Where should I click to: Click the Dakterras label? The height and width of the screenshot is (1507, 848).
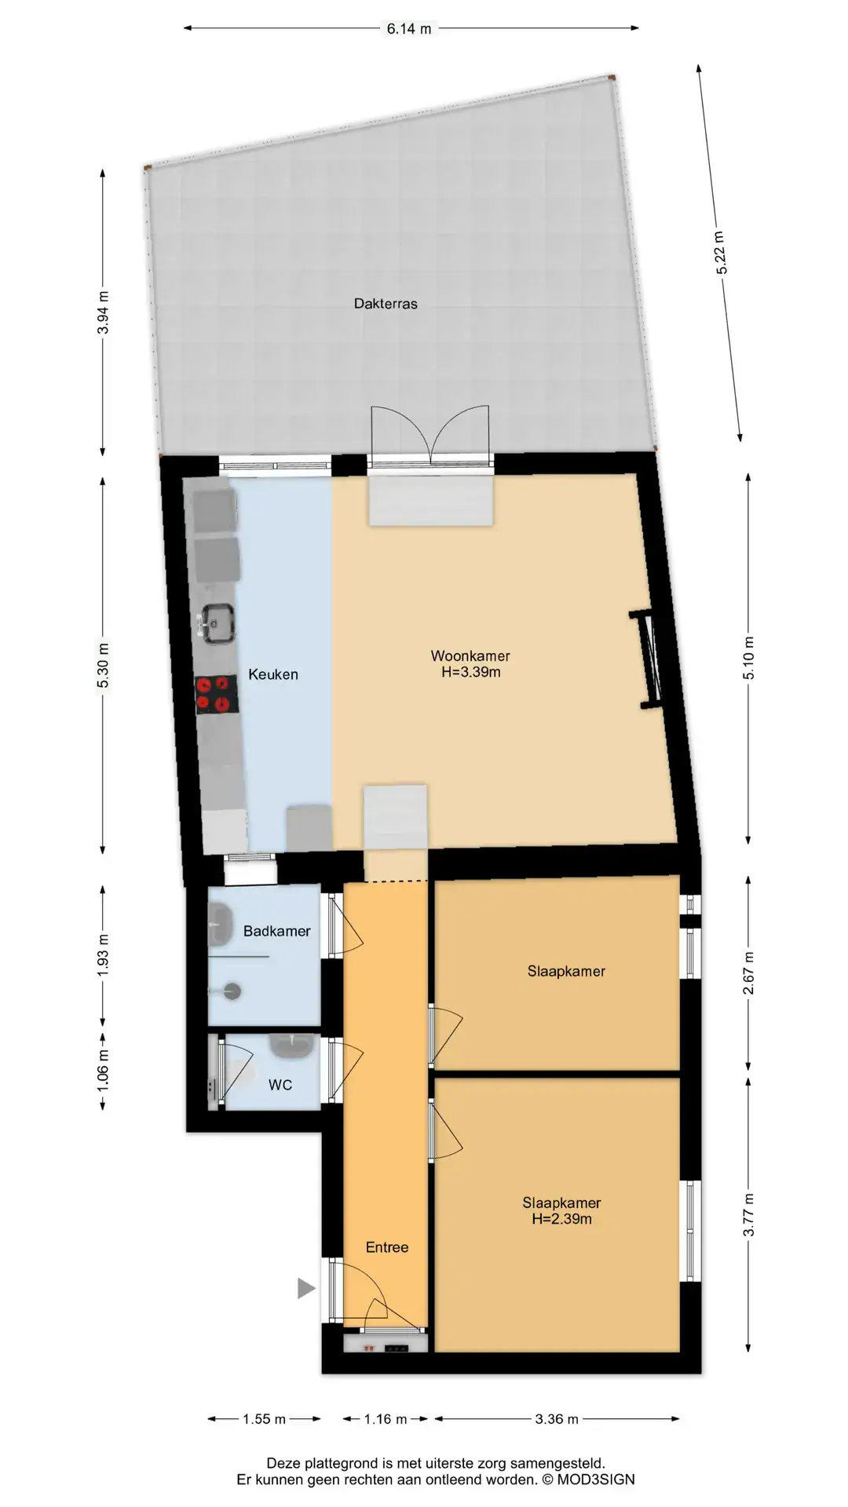click(x=386, y=304)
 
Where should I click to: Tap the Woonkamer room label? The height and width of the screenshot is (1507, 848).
click(x=470, y=655)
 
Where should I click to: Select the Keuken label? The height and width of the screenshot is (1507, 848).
click(x=273, y=674)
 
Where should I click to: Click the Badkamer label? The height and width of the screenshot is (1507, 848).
click(x=276, y=931)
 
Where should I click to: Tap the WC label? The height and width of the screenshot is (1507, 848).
click(x=280, y=1085)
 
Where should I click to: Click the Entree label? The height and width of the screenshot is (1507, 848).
click(x=387, y=1247)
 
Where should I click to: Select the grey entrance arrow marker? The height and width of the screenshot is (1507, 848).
click(x=306, y=1288)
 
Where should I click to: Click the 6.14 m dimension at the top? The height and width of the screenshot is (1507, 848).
click(x=409, y=29)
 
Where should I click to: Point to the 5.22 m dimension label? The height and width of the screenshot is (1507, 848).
click(x=721, y=253)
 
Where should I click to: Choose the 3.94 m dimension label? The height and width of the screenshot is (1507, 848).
click(x=103, y=312)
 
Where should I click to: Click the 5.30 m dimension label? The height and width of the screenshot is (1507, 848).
click(x=103, y=665)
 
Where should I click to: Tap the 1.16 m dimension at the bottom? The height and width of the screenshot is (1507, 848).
click(x=386, y=1419)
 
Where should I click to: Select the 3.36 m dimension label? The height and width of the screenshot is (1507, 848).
click(x=557, y=1419)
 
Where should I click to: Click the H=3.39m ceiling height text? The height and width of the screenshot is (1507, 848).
click(x=470, y=672)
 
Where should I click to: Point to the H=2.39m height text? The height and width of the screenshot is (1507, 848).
click(x=561, y=1219)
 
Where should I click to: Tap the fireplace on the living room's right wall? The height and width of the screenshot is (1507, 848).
click(x=649, y=660)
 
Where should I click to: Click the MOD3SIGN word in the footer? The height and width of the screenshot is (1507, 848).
click(x=596, y=1480)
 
